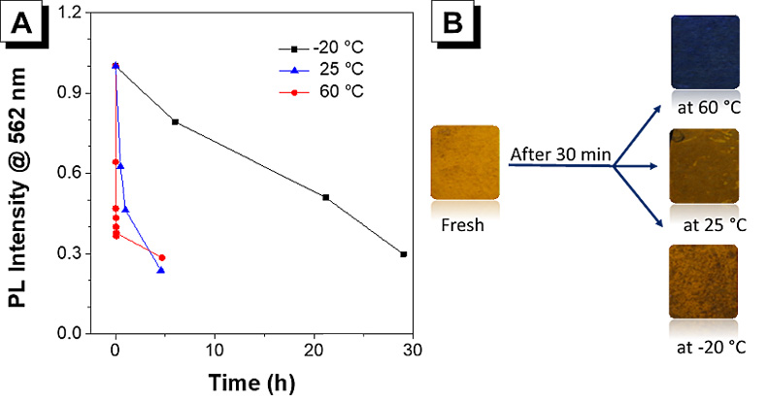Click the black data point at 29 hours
[x=403, y=254]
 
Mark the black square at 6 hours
[x=175, y=121]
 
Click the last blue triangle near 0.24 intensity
[x=160, y=270]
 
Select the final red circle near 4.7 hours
[x=162, y=257]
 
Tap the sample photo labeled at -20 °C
[x=703, y=281]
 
